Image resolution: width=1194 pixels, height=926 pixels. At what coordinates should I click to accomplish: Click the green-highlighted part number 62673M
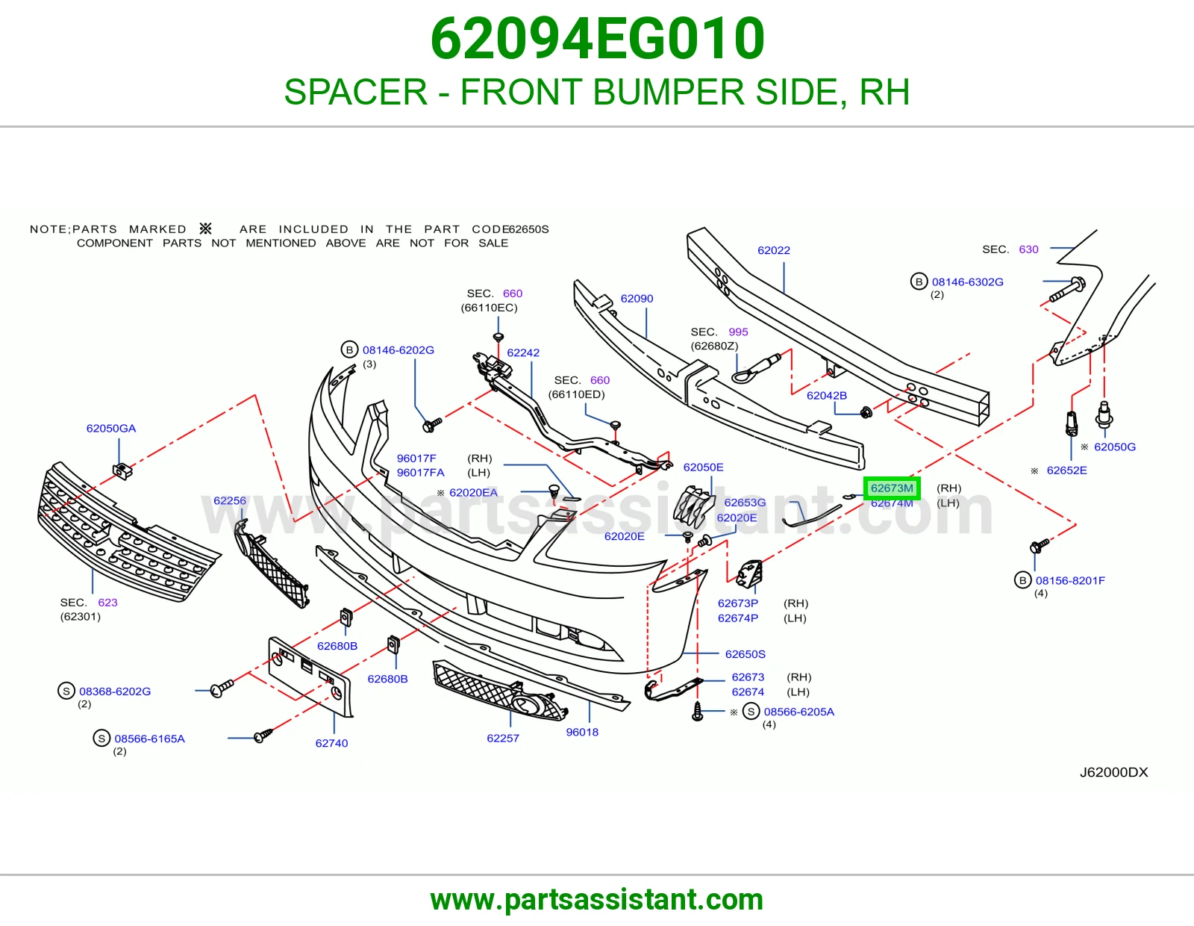(x=891, y=488)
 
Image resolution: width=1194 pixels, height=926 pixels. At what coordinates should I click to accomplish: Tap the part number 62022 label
(x=774, y=250)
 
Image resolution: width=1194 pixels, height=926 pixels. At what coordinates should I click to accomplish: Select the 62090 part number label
(x=637, y=299)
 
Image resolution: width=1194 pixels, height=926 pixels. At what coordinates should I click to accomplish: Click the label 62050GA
(x=111, y=429)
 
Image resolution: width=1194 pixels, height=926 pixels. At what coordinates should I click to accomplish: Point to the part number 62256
(x=230, y=500)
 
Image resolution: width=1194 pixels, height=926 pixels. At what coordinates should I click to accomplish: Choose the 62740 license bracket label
(x=331, y=743)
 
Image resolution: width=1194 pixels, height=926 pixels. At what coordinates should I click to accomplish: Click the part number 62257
(x=503, y=738)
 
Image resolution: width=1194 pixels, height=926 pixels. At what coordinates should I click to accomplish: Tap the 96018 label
(x=582, y=732)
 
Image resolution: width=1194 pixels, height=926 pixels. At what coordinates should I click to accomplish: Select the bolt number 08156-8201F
(x=1070, y=580)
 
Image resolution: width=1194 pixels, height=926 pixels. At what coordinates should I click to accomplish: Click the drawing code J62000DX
(x=1113, y=772)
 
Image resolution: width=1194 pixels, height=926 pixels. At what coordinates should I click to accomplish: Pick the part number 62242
(x=523, y=352)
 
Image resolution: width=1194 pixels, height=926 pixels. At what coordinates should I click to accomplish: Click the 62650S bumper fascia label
(x=745, y=654)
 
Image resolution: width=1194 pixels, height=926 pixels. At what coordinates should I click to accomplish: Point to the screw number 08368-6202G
(x=115, y=692)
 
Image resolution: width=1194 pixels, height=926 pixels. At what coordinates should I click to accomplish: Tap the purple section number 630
(x=1028, y=249)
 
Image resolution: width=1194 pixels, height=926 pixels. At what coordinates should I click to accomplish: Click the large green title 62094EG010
(x=597, y=38)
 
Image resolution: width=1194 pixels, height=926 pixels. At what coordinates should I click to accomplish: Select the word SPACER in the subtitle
(x=355, y=92)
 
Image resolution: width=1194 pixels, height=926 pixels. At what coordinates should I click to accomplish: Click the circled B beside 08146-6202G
(x=349, y=349)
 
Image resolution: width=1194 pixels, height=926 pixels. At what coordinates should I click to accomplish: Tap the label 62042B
(x=826, y=395)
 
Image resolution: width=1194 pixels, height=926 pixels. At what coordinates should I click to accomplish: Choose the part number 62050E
(x=703, y=467)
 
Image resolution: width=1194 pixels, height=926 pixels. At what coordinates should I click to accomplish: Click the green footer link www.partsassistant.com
(x=597, y=900)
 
